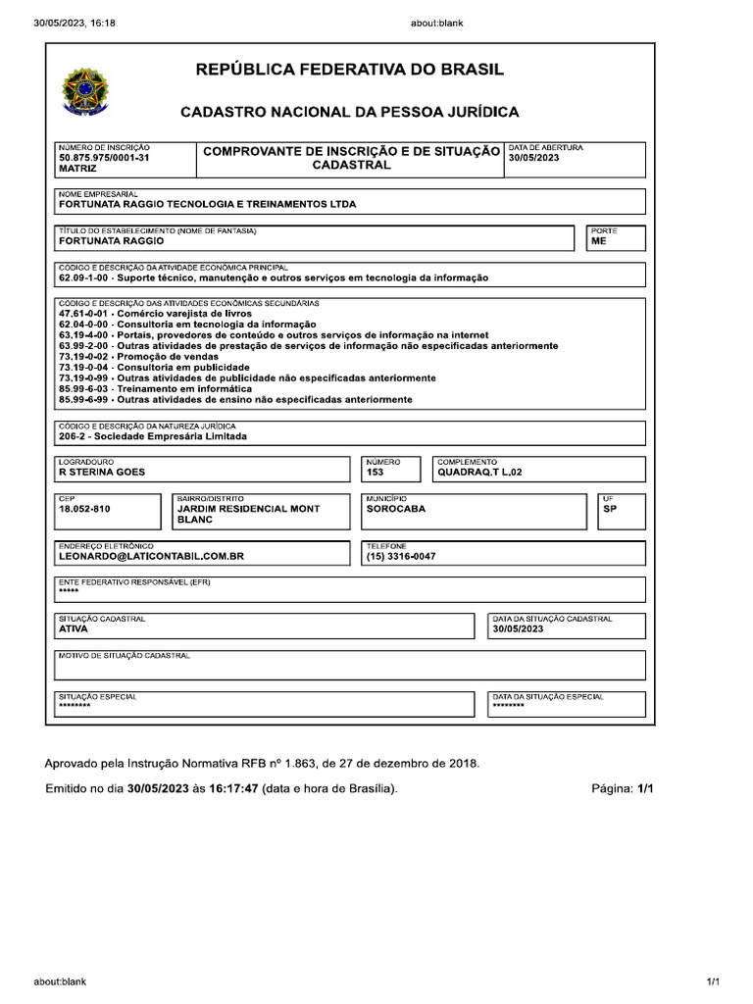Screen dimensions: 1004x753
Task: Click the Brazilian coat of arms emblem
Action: (86, 90)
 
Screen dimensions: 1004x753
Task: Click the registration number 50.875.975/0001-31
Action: (104, 158)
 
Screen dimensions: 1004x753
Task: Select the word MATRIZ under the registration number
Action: (77, 169)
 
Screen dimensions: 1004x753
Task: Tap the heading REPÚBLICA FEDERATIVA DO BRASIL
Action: (350, 70)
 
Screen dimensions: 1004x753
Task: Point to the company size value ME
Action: (598, 240)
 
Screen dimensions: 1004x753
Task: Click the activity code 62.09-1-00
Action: (85, 277)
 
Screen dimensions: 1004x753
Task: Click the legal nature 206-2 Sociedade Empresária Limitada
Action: (153, 436)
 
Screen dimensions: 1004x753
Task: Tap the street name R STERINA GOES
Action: (102, 473)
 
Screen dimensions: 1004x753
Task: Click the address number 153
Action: (375, 473)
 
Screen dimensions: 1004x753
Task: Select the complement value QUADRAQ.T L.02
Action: (487, 473)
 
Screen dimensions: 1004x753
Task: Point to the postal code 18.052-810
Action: (85, 509)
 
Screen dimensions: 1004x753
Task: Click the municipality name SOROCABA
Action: (396, 509)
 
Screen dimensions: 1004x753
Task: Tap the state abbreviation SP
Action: (610, 509)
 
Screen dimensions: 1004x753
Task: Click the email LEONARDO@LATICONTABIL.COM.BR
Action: (151, 556)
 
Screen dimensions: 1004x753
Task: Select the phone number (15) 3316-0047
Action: (401, 556)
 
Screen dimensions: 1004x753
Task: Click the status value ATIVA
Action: (74, 629)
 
